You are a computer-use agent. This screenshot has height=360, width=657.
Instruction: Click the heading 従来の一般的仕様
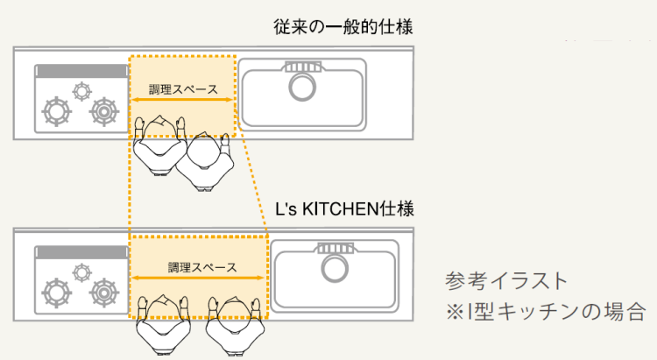pyautogui.click(x=343, y=27)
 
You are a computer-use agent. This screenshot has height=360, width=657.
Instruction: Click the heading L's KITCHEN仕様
pyautogui.click(x=344, y=208)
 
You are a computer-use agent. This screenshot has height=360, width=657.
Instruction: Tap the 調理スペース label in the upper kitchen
pyautogui.click(x=184, y=89)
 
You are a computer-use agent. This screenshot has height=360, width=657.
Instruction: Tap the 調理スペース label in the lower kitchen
pyautogui.click(x=202, y=267)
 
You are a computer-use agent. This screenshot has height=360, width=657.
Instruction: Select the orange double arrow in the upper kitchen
pyautogui.click(x=182, y=100)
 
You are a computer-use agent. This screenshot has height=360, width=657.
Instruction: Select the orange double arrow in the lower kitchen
pyautogui.click(x=198, y=278)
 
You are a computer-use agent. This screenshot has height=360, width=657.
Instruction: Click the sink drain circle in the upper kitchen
pyautogui.click(x=302, y=87)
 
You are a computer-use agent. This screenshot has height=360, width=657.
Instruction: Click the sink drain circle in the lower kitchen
pyautogui.click(x=335, y=268)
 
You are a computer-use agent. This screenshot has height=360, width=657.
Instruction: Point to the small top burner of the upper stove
pyautogui.click(x=81, y=91)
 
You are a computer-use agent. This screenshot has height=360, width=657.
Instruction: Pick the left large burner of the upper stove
pyautogui.click(x=57, y=111)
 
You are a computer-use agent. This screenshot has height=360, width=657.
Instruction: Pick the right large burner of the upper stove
pyautogui.click(x=103, y=112)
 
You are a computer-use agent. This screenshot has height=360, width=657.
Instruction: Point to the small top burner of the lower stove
pyautogui.click(x=81, y=272)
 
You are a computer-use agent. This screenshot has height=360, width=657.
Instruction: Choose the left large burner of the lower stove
pyautogui.click(x=57, y=293)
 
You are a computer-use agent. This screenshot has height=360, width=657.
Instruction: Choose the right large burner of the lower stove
pyautogui.click(x=103, y=293)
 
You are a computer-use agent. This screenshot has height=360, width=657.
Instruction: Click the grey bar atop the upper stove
pyautogui.click(x=81, y=71)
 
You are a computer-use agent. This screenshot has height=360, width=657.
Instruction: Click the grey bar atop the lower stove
pyautogui.click(x=81, y=253)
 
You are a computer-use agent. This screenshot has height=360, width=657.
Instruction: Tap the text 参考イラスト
pyautogui.click(x=506, y=281)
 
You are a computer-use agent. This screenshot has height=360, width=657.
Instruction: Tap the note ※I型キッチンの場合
pyautogui.click(x=545, y=311)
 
